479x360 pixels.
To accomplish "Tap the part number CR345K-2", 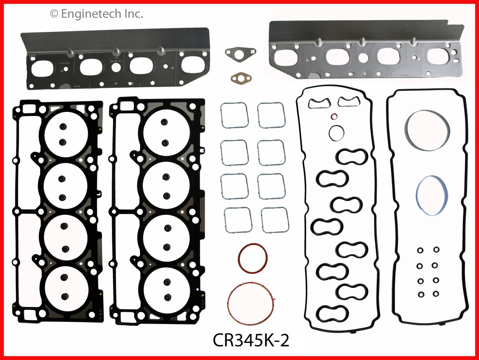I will point(251,340).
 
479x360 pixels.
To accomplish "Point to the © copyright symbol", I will point(54,14).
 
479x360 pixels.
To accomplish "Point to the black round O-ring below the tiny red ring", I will point(337,132).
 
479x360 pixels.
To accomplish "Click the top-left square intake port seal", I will point(234,115).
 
